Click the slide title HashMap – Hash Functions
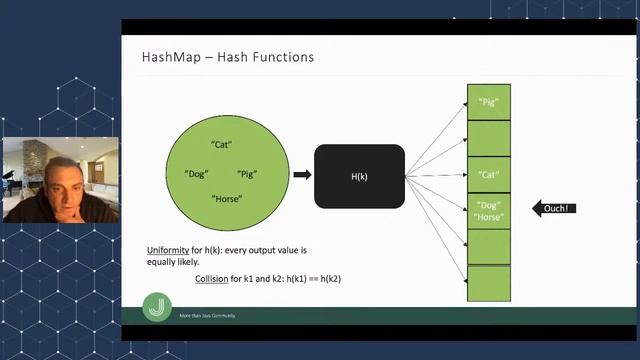click(x=228, y=57)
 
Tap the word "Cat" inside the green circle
click(x=222, y=144)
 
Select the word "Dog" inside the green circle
click(x=196, y=174)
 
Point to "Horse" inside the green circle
click(x=227, y=199)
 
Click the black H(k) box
click(x=360, y=176)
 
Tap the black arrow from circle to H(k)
click(x=302, y=175)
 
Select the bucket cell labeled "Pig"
click(x=489, y=102)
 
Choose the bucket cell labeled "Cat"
click(x=489, y=174)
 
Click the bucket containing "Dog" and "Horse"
click(x=489, y=210)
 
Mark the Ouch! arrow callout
click(x=554, y=208)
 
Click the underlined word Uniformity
click(x=169, y=248)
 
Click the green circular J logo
click(x=157, y=307)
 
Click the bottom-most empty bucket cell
click(x=489, y=283)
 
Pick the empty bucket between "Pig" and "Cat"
click(x=489, y=138)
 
